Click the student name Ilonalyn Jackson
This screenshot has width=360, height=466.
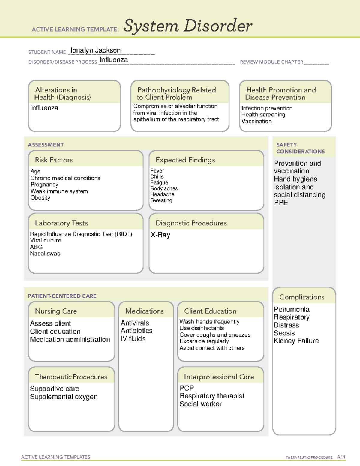95,50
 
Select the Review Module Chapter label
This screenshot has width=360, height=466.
271,62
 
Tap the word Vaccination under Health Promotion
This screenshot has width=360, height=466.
256,122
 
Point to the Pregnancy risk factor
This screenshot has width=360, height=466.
44,185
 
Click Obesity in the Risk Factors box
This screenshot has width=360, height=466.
40,198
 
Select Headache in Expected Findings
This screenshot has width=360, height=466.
162,194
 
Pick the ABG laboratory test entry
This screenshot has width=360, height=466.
36,247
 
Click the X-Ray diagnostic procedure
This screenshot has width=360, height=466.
160,235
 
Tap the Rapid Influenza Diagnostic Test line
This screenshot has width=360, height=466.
81,234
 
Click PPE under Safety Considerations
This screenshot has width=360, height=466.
281,203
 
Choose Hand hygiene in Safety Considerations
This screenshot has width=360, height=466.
295,179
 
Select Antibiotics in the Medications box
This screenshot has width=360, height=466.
136,331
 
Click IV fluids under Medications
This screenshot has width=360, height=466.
133,339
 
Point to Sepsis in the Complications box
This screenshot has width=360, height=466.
284,333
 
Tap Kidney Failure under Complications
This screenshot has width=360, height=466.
296,341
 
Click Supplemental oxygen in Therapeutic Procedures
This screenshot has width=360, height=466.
64,397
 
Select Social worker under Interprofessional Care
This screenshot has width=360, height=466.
200,404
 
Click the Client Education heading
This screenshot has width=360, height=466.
210,311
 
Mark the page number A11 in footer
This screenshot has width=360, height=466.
341,457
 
